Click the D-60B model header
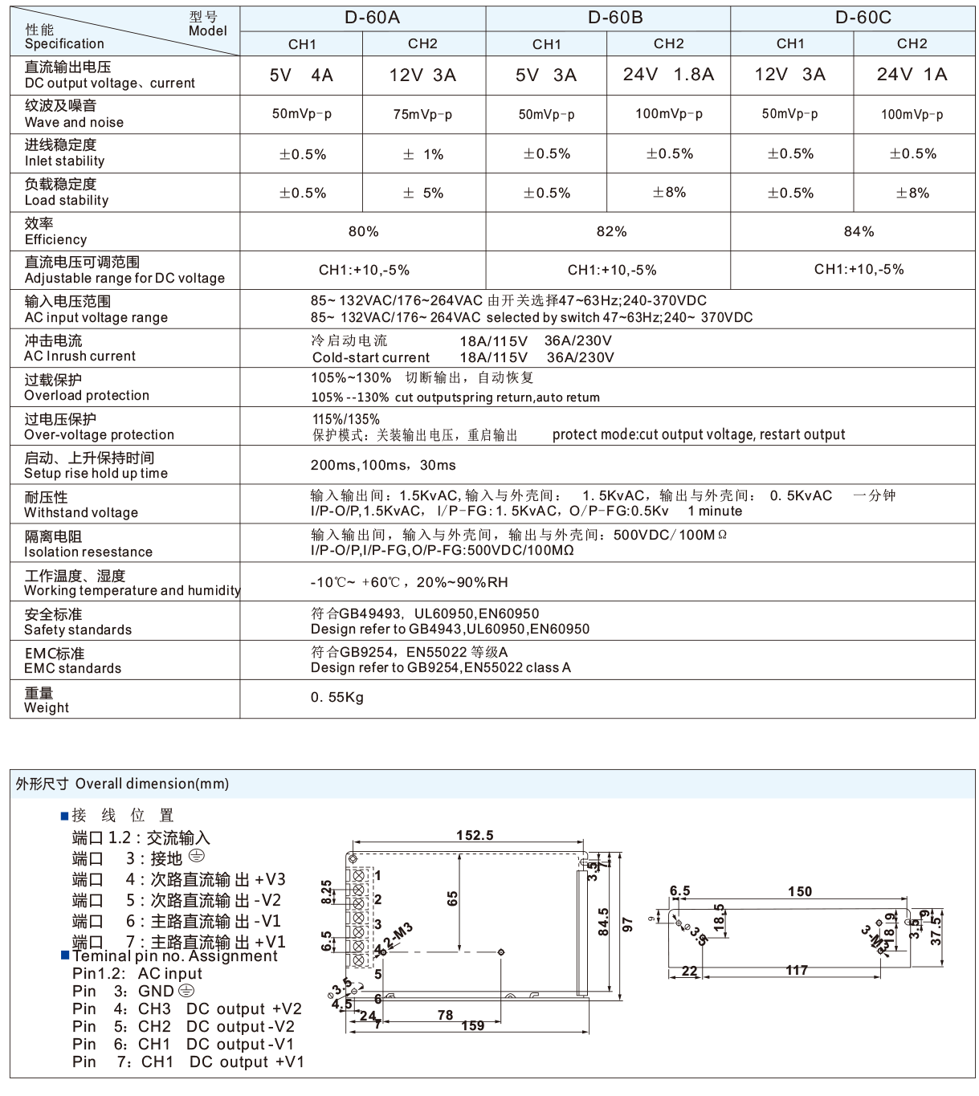point(614,18)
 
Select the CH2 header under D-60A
point(422,44)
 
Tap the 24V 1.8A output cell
point(668,75)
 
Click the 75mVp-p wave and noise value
point(422,114)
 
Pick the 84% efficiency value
point(858,231)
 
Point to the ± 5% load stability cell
point(422,193)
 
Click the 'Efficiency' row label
point(55,239)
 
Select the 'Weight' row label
point(47,707)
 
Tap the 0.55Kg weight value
point(337,697)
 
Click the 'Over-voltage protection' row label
point(99,434)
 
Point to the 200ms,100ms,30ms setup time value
point(382,465)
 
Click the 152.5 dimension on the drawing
point(474,836)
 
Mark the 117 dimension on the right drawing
point(796,971)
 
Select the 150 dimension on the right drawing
point(799,891)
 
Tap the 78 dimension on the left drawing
point(445,1015)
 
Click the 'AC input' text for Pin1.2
point(169,973)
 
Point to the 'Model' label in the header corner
point(207,31)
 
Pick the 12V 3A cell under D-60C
point(789,75)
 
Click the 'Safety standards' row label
point(77,629)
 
